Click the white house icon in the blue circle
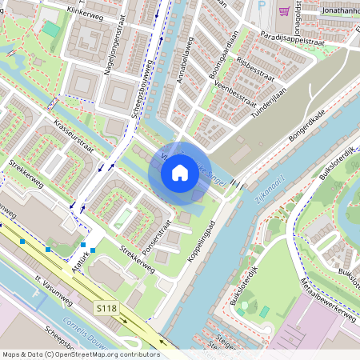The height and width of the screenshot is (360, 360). coord(180,173)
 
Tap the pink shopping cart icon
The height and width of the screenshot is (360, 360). coord(284,10)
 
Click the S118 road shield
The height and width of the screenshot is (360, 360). coord(106,307)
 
